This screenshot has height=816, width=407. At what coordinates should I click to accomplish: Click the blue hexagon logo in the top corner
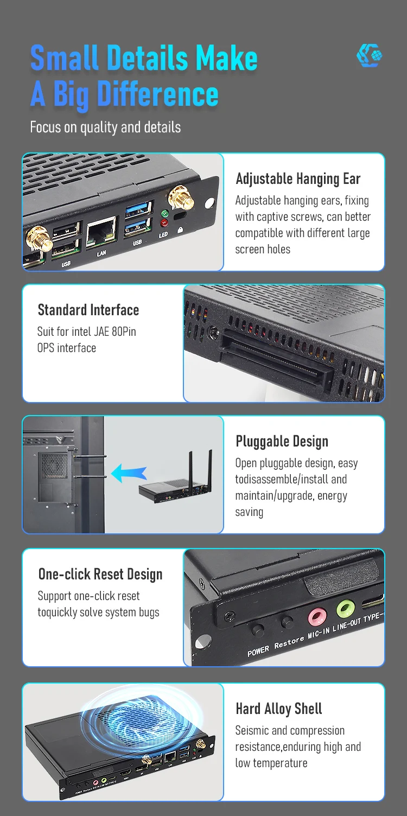pos(370,56)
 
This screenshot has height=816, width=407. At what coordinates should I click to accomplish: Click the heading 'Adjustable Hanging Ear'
pos(298,178)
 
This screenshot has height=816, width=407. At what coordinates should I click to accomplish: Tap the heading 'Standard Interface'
pos(88,310)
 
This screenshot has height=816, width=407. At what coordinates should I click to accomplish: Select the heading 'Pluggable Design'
pos(282,441)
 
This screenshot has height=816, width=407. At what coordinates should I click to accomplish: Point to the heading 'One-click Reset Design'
pos(100,574)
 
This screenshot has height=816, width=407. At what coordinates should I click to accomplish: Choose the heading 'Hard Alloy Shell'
pos(279,709)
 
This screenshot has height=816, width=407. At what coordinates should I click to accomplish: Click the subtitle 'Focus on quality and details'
pos(105,127)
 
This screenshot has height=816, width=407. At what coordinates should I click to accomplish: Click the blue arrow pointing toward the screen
pos(129,473)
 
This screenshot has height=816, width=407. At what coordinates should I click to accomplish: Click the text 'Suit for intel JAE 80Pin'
pos(87,331)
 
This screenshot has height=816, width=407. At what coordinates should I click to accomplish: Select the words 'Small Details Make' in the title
pos(144,58)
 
